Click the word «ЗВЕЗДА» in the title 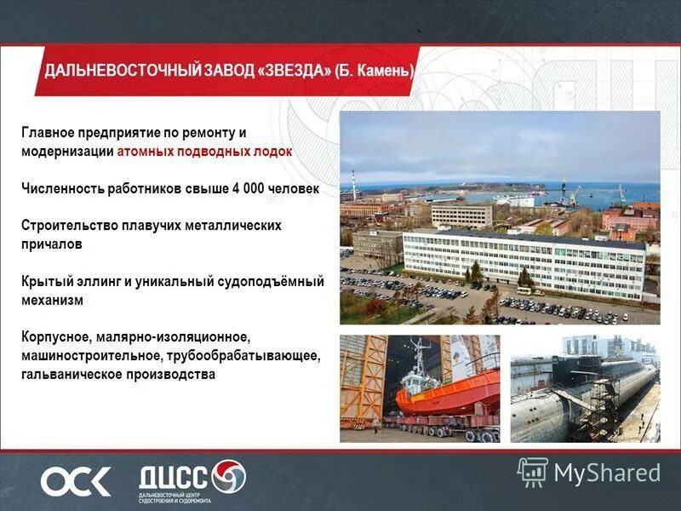[x=294, y=71]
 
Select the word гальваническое [x=73, y=375]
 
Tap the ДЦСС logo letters [x=175, y=475]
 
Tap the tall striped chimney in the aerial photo [x=354, y=185]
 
